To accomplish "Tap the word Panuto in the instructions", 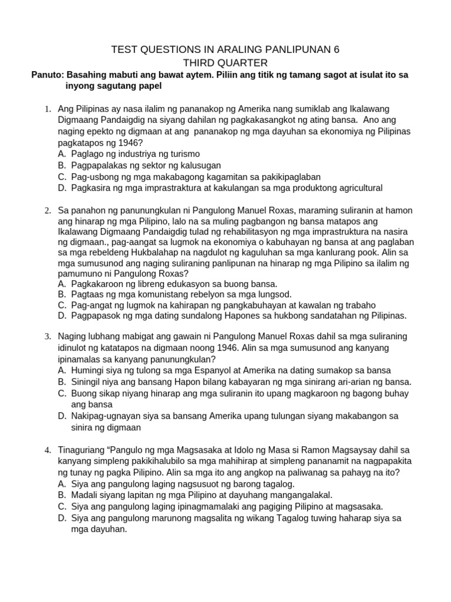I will [46, 75].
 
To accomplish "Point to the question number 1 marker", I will [46, 109].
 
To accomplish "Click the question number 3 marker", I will [46, 337].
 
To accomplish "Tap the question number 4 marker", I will [46, 450].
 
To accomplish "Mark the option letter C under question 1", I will [62, 177].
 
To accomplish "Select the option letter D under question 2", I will [62, 316].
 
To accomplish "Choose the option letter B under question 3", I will [62, 382].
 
